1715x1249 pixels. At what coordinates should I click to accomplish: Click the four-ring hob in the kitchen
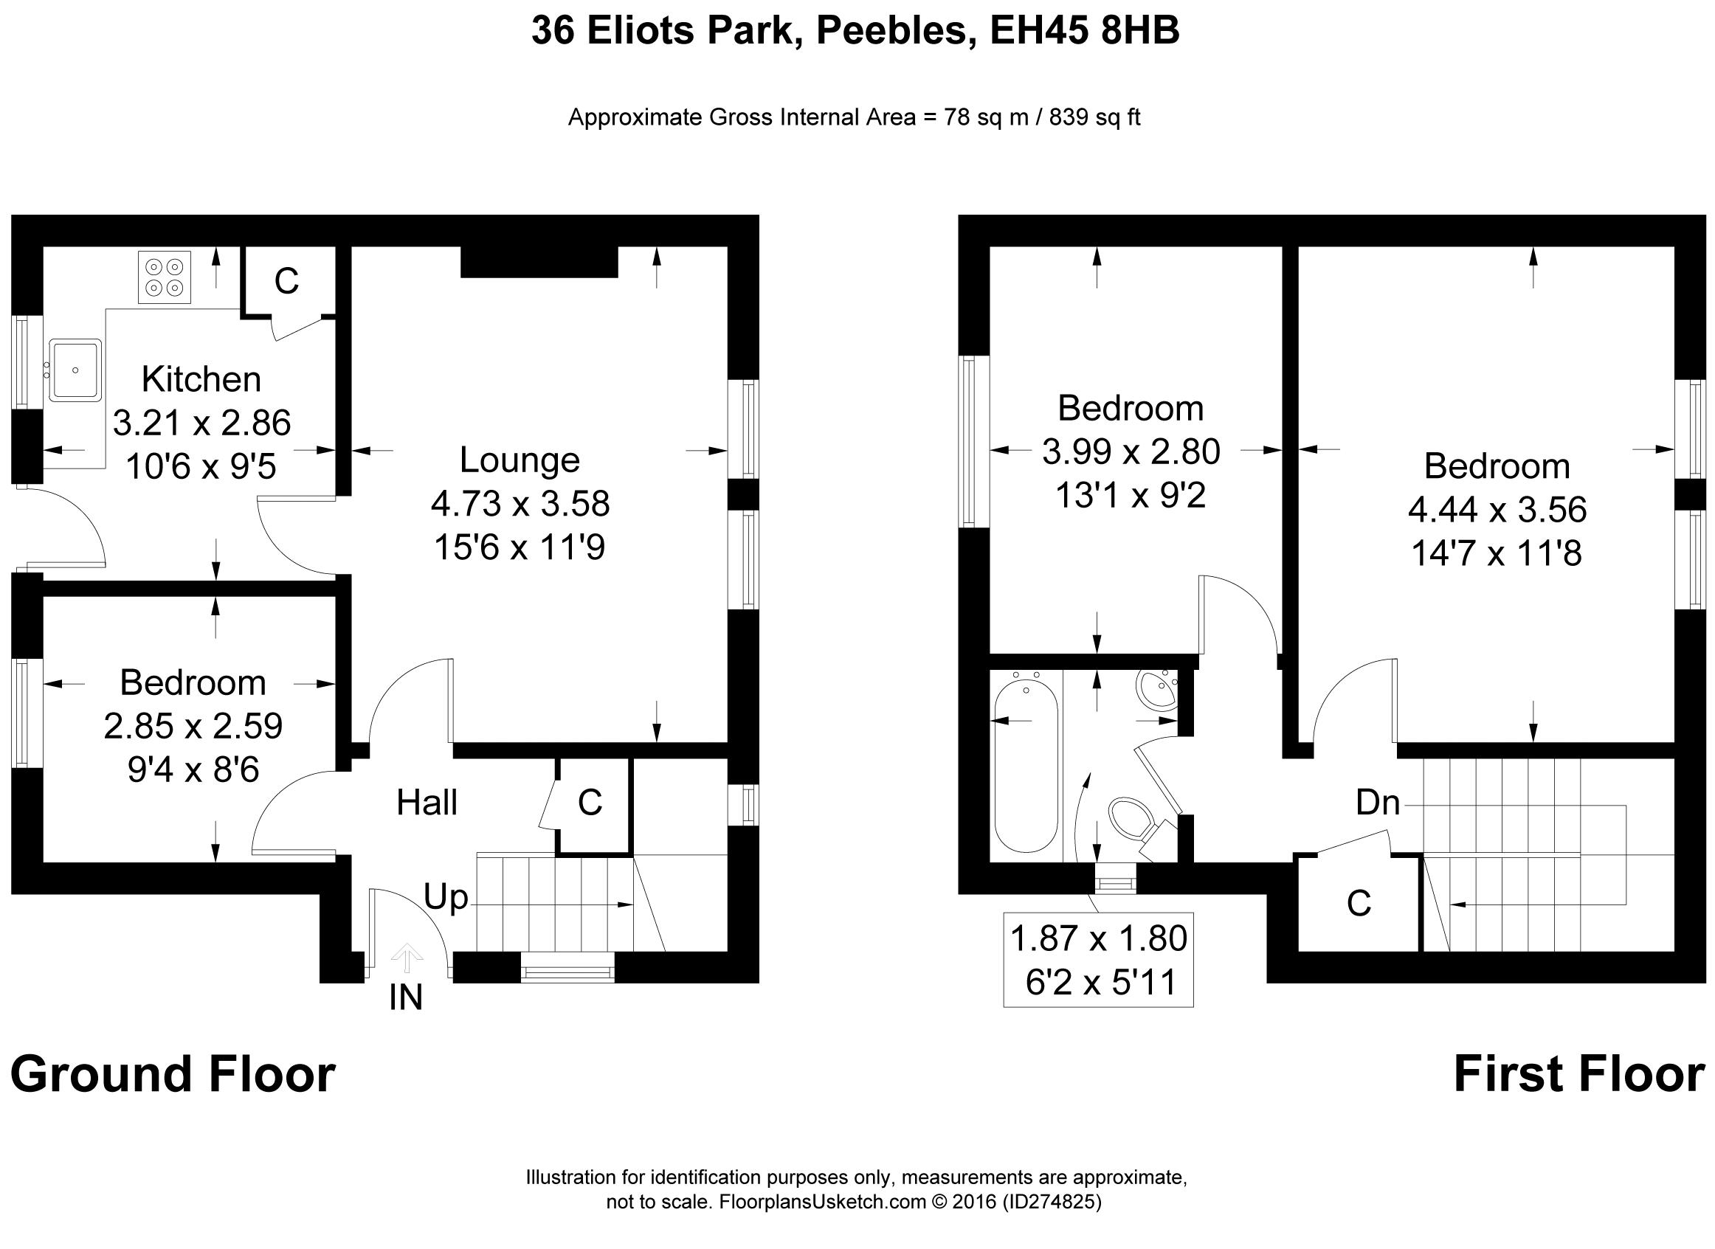pos(165,277)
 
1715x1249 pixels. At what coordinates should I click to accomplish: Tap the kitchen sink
pos(75,370)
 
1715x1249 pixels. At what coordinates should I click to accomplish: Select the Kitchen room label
pos(201,378)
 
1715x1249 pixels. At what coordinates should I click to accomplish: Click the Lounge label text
pos(520,460)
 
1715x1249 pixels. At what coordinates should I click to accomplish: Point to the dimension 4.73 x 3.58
pos(520,504)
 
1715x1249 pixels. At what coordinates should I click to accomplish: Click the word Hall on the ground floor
pos(427,802)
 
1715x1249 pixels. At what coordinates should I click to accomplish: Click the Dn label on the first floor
pos(1378,802)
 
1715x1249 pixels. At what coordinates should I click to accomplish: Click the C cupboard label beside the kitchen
pos(286,281)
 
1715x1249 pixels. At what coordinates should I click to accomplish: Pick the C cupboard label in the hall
pos(590,803)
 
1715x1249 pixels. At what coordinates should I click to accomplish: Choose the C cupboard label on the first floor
pos(1359,904)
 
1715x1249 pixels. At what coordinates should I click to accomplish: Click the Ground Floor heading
pos(173,1075)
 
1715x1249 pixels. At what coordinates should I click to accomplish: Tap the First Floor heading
pos(1580,1075)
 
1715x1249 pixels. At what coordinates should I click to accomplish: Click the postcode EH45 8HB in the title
pos(1084,32)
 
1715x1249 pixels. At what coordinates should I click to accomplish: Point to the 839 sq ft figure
pos(1095,117)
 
